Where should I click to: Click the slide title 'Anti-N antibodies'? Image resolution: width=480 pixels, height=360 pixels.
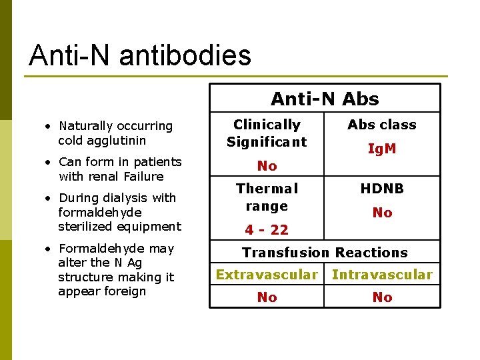coord(140,55)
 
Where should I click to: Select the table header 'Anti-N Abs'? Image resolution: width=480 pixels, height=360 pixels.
coord(325,99)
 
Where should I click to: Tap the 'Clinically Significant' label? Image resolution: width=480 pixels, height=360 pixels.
coord(267,133)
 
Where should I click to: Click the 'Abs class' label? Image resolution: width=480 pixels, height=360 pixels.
coord(382,125)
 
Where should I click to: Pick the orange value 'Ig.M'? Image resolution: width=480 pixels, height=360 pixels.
coord(382,149)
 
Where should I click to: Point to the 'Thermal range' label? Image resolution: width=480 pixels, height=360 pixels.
coord(267,197)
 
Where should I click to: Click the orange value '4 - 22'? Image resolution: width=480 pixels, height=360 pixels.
coord(267,230)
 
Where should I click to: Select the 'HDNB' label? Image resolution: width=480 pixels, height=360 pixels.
coord(382,189)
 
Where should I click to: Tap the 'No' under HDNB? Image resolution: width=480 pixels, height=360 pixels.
coord(382,213)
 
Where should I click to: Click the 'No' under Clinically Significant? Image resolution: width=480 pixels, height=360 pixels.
coord(267,165)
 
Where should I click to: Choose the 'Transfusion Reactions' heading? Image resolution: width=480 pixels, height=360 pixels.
coord(325,253)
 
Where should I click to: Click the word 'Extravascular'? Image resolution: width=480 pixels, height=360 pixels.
coord(267,275)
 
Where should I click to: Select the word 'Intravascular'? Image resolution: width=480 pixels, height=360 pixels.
coord(382,275)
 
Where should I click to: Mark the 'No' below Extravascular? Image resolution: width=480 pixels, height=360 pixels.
coord(267,297)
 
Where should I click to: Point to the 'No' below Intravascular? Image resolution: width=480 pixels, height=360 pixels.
coord(382,297)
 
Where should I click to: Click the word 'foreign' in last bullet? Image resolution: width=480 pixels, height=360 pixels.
coord(122,291)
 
